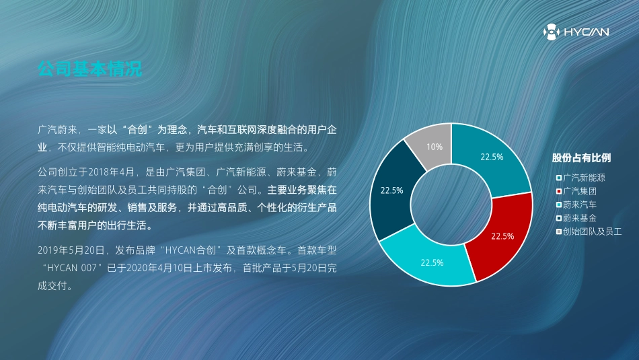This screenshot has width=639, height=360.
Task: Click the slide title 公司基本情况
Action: tap(89, 69)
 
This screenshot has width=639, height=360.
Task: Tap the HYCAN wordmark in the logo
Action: tap(586, 32)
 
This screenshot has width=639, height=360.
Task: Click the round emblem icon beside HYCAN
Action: tap(551, 32)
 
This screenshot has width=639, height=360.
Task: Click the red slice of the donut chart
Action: tap(502, 236)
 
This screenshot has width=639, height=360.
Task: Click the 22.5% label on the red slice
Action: tap(502, 236)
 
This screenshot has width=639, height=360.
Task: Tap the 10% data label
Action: tap(435, 147)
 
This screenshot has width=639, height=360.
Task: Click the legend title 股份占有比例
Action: tap(581, 158)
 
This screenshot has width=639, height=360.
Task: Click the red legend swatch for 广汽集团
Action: tap(559, 191)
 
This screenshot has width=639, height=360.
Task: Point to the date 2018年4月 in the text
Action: tap(111, 172)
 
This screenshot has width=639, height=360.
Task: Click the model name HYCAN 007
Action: tap(72, 268)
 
